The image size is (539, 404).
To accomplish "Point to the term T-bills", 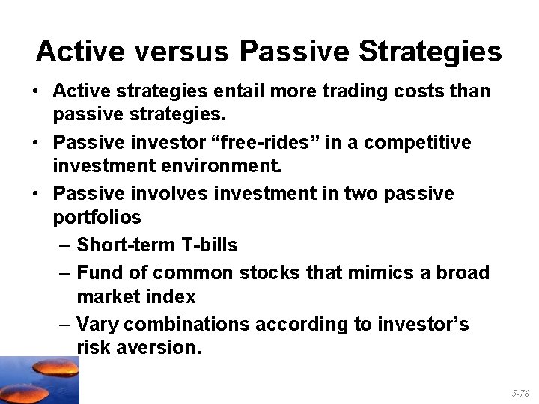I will (x=211, y=245).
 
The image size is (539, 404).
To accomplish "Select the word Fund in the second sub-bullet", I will (x=99, y=272).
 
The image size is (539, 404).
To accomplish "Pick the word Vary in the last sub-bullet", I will (x=99, y=324).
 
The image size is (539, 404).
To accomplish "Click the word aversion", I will (x=162, y=348).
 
